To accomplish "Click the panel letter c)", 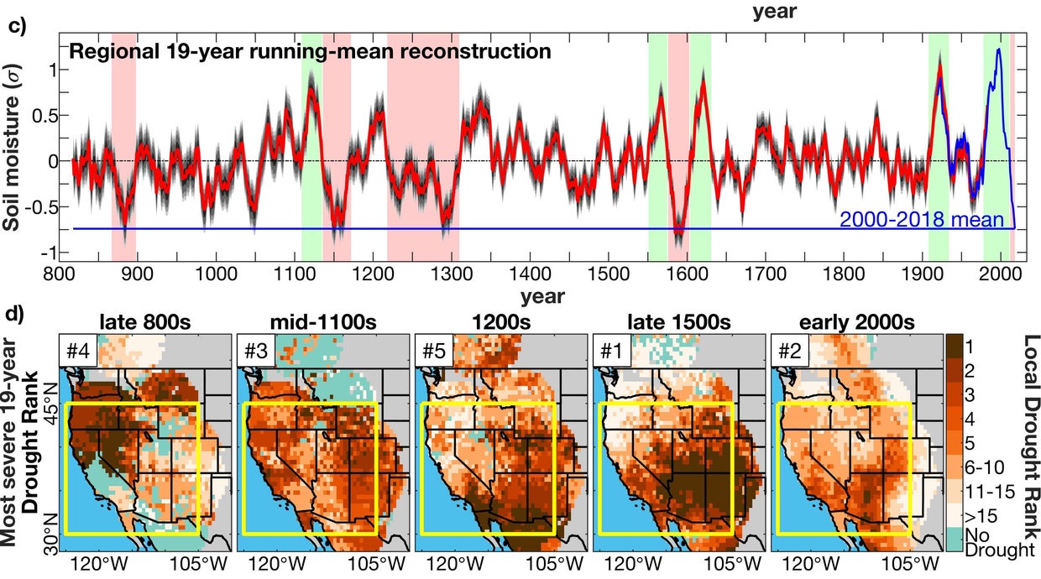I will [x=17, y=24].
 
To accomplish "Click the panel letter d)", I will [x=17, y=315].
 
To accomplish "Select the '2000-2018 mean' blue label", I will [x=922, y=220].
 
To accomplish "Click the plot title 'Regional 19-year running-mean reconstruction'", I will [x=310, y=52].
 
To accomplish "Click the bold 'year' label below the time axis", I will [x=541, y=296].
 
